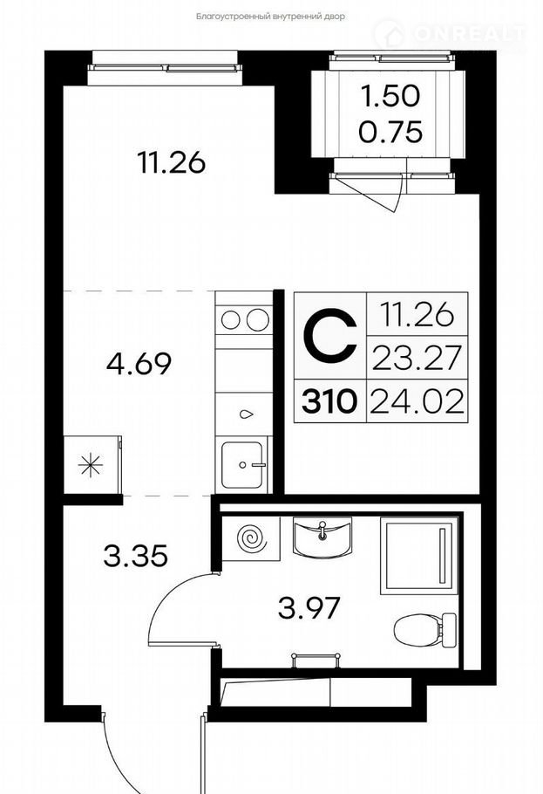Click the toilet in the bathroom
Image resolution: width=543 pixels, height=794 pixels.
[x=425, y=630]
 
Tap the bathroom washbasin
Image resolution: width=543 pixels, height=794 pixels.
[x=322, y=537]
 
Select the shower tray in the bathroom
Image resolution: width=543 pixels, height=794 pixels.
[x=419, y=556]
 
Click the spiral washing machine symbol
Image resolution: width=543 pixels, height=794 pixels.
[x=253, y=539]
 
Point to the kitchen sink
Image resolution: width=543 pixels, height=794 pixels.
[x=242, y=465]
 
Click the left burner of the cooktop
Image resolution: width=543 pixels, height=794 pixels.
[x=230, y=320]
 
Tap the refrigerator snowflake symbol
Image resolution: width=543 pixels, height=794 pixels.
[x=91, y=465]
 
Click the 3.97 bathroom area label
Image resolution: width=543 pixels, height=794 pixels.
[x=309, y=607]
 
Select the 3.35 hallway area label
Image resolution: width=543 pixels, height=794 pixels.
[x=135, y=556]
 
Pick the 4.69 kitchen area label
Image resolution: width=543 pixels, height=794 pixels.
[x=139, y=364]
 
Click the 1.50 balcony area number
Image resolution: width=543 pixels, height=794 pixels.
[x=390, y=96]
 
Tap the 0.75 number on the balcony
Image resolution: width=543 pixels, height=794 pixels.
[x=390, y=132]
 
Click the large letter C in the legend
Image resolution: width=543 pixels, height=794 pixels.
[x=330, y=334]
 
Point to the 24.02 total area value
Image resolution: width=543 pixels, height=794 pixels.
[x=417, y=402]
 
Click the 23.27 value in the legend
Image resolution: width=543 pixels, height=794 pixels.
[x=417, y=357]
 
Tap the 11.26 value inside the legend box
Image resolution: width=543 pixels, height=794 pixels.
[x=417, y=315]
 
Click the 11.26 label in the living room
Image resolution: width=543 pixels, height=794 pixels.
[x=172, y=162]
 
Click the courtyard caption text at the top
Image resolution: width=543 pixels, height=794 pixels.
[x=271, y=17]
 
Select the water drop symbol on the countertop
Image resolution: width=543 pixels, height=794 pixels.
[x=246, y=414]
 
